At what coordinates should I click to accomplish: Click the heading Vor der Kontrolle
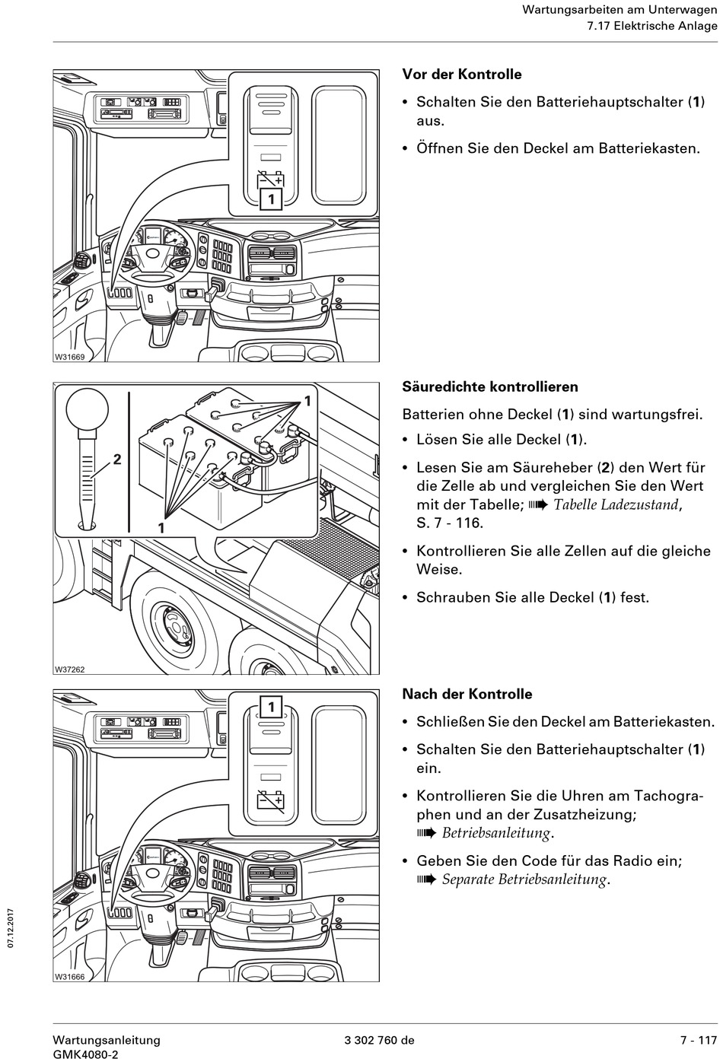pyautogui.click(x=461, y=75)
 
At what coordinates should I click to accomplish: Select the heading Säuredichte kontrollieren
pyautogui.click(x=489, y=386)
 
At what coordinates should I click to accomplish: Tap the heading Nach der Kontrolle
pyautogui.click(x=467, y=694)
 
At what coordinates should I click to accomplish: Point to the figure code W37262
pyautogui.click(x=69, y=669)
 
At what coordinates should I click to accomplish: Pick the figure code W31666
pyautogui.click(x=69, y=977)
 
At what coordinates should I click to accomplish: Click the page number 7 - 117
pyautogui.click(x=699, y=1040)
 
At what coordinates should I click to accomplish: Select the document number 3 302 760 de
pyautogui.click(x=379, y=1040)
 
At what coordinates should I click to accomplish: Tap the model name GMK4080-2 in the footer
pyautogui.click(x=85, y=1054)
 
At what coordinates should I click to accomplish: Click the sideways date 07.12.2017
pyautogui.click(x=11, y=927)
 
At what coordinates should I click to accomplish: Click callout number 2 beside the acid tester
pyautogui.click(x=117, y=460)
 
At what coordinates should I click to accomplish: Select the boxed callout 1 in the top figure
pyautogui.click(x=271, y=199)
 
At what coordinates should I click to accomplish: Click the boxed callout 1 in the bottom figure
pyautogui.click(x=271, y=707)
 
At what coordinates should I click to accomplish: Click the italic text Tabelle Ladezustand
pyautogui.click(x=616, y=504)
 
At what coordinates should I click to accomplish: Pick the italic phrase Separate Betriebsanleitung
pyautogui.click(x=524, y=880)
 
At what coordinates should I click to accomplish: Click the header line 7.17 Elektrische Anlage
pyautogui.click(x=651, y=27)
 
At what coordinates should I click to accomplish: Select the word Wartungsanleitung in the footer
pyautogui.click(x=107, y=1040)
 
